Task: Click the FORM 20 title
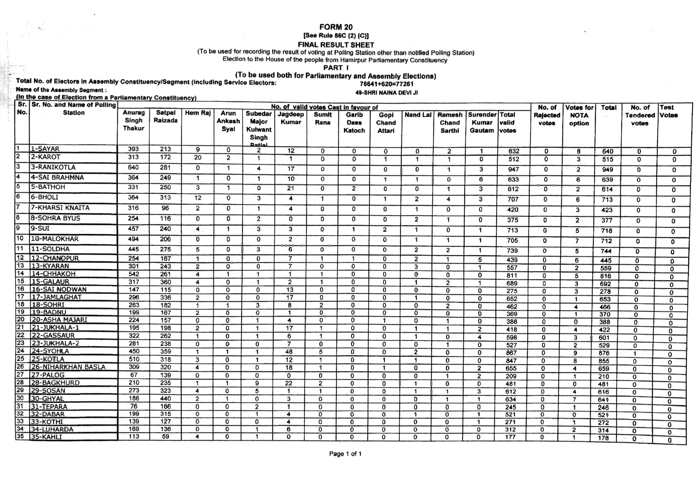336,27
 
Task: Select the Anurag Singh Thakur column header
133,120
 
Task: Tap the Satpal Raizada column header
165,117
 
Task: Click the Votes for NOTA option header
579,115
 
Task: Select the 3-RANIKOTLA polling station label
53,168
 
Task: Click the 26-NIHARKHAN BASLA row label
68,367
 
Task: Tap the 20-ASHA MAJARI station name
59,320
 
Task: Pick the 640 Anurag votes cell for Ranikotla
133,168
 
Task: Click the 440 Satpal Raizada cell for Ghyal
165,398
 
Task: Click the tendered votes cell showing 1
635,354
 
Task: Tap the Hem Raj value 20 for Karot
198,157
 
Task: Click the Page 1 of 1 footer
345,454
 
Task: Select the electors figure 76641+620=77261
386,84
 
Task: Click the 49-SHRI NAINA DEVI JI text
386,93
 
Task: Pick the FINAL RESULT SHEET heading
336,45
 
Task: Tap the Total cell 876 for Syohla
604,353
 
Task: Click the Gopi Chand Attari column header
386,123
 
